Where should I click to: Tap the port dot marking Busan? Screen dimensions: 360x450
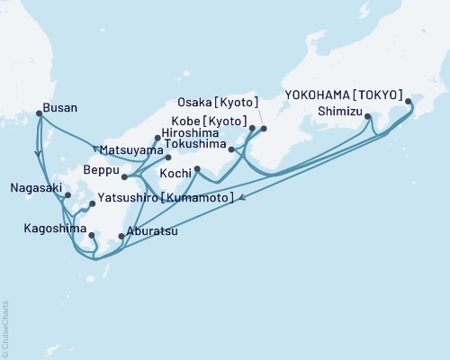pos(39,113)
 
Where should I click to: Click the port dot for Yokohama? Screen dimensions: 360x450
pos(408,102)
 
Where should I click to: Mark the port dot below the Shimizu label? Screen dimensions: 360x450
pos(368,117)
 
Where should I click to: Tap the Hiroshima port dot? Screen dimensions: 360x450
pos(157,138)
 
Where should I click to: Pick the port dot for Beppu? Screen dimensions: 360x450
pos(125,177)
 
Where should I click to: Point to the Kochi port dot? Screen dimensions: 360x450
pos(196,169)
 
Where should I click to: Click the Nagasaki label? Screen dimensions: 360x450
pos(36,188)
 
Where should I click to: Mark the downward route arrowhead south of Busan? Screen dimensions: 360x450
pos(37,154)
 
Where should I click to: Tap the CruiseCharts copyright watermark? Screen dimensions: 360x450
pos(5,328)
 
